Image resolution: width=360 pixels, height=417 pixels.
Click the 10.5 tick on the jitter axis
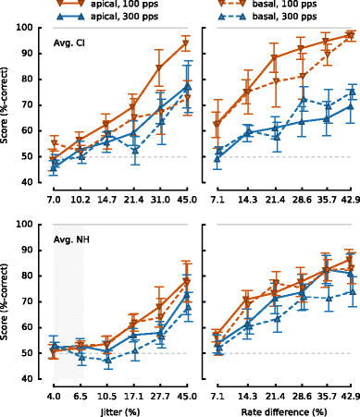107,396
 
